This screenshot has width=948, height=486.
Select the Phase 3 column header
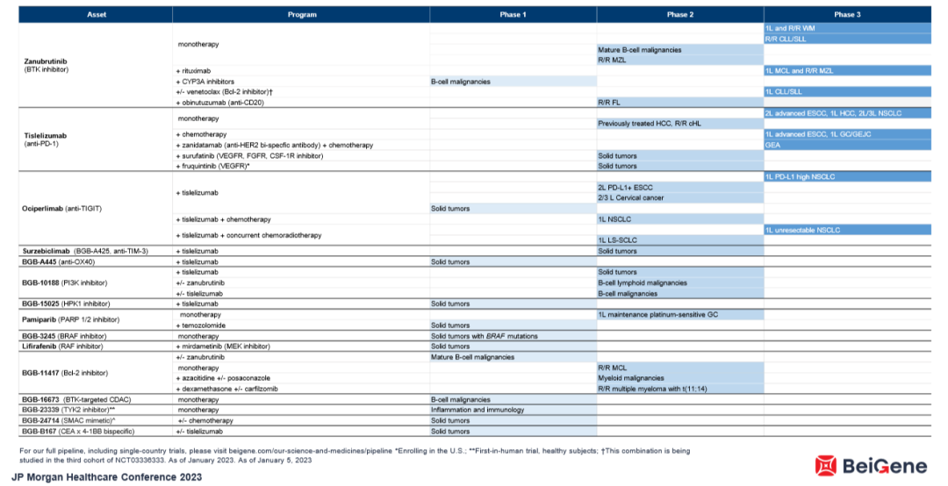click(x=846, y=15)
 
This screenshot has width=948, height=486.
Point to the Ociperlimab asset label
click(x=53, y=209)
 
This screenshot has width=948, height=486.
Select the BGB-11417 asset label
click(x=49, y=373)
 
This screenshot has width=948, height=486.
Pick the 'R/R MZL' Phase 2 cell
click(x=615, y=60)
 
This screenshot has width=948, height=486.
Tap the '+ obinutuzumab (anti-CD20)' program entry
click(x=224, y=103)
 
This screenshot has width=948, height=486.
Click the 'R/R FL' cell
click(x=610, y=103)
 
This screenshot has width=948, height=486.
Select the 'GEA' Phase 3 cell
click(x=773, y=145)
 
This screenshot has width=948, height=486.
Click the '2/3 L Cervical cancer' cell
click(x=630, y=197)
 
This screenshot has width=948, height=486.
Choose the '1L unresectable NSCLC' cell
click(x=802, y=230)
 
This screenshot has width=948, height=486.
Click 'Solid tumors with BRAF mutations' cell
click(x=484, y=336)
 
